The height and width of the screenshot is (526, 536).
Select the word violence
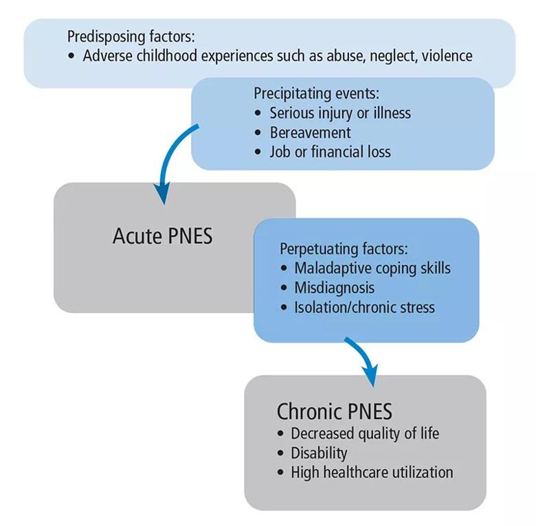pyautogui.click(x=448, y=56)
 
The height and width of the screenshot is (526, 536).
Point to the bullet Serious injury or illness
pyautogui.click(x=339, y=113)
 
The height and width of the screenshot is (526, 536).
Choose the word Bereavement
pyautogui.click(x=310, y=132)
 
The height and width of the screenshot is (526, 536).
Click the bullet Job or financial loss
pyautogui.click(x=330, y=152)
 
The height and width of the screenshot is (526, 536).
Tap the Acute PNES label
pyautogui.click(x=163, y=236)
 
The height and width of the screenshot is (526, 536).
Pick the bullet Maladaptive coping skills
pyautogui.click(x=372, y=268)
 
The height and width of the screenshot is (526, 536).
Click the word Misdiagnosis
pyautogui.click(x=335, y=288)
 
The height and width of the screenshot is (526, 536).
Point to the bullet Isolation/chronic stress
pyautogui.click(x=364, y=307)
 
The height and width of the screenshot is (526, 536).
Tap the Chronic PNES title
pyautogui.click(x=335, y=412)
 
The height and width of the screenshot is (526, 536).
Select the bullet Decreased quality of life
pyautogui.click(x=364, y=433)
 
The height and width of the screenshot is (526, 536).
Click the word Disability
pyautogui.click(x=319, y=453)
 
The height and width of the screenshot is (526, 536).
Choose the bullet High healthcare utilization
pyautogui.click(x=372, y=472)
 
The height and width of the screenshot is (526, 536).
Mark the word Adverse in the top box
pyautogui.click(x=109, y=56)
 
